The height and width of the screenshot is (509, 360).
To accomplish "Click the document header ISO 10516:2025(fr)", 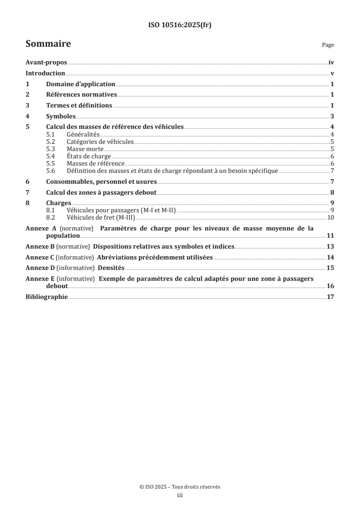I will pos(180,25).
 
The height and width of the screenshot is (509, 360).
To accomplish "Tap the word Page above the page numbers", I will pos(328,45).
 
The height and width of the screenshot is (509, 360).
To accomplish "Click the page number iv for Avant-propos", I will pos(331,63).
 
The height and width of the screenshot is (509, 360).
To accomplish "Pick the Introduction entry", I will pos(45,73).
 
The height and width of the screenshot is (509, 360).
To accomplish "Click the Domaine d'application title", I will pos(80,84).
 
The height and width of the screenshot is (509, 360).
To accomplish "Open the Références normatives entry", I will pos(82,95).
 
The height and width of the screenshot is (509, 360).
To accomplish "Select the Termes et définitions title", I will pos(79,106).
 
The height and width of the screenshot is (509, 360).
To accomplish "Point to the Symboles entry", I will pos(61,116).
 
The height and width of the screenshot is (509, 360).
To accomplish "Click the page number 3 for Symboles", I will pos(332,116).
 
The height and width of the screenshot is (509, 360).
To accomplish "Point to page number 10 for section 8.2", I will pos(331,218).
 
